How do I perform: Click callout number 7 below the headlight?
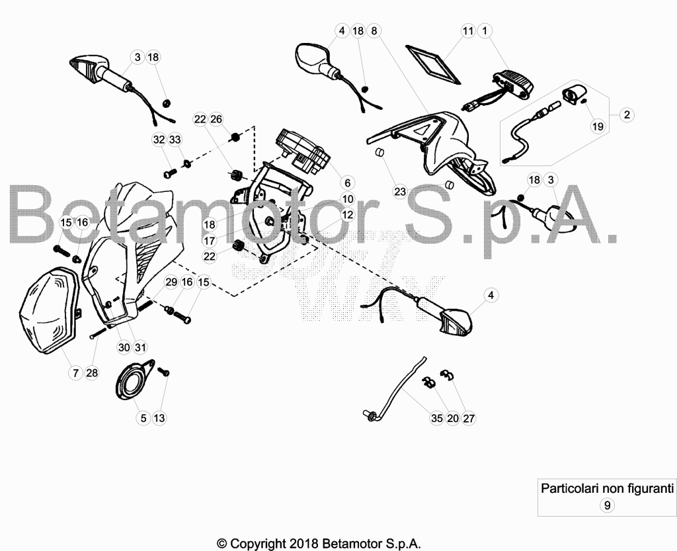click(75, 372)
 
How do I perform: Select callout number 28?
click(92, 372)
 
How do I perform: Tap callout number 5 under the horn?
click(143, 418)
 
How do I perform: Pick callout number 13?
click(159, 418)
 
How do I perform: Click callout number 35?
click(436, 418)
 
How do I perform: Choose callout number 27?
click(469, 418)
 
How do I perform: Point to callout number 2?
click(627, 115)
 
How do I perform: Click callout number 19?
click(598, 126)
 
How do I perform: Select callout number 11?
click(468, 30)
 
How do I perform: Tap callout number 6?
click(347, 183)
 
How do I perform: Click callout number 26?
click(216, 119)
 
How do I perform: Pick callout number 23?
click(400, 191)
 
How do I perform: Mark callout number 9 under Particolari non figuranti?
click(607, 505)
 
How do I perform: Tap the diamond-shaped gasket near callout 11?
click(432, 64)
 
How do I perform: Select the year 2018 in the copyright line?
click(303, 543)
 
